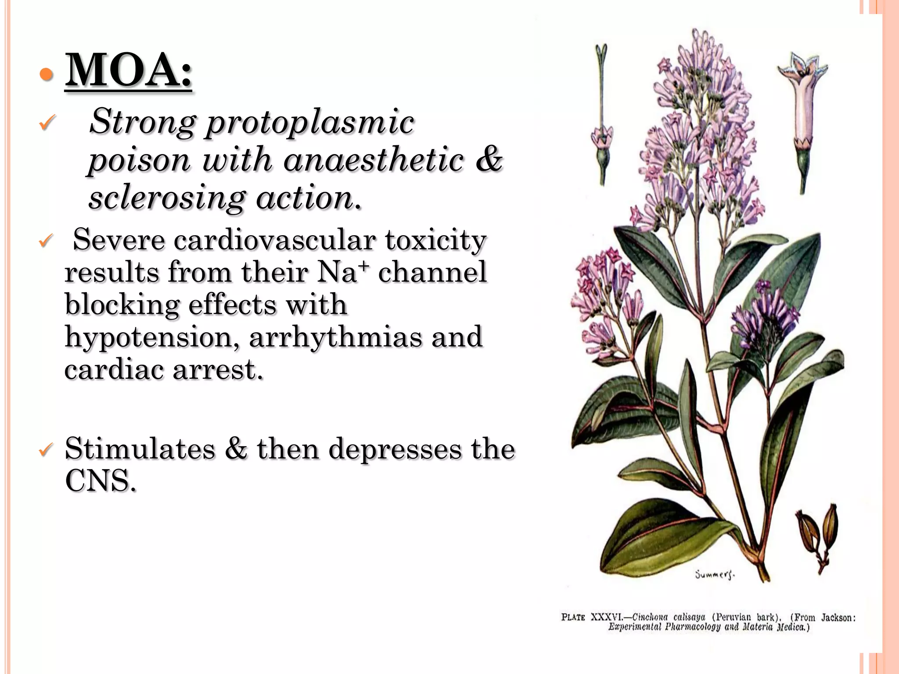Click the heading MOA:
pos(128,70)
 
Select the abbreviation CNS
pos(100,481)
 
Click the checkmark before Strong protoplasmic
pos(47,122)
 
